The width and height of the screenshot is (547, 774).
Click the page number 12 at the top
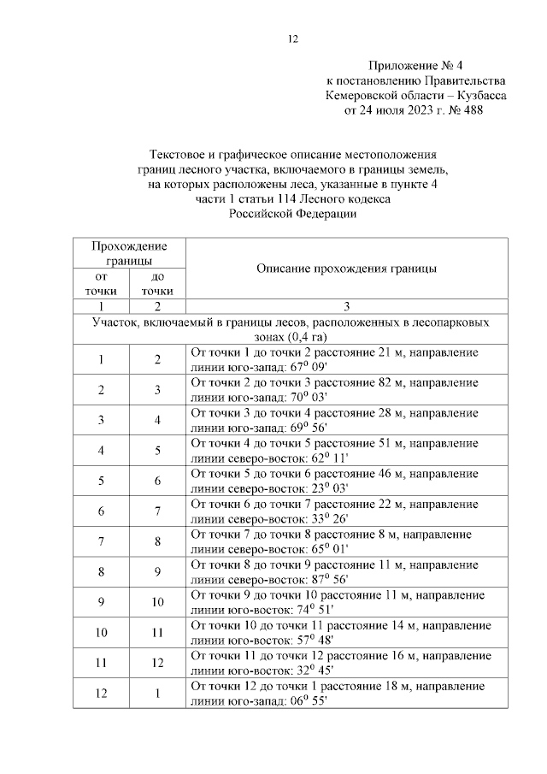click(292, 38)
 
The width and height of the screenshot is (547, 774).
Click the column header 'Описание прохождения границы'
click(346, 268)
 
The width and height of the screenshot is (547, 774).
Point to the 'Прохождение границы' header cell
click(129, 252)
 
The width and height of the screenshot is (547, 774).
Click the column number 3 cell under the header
click(346, 306)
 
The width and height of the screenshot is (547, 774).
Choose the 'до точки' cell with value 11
click(157, 633)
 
